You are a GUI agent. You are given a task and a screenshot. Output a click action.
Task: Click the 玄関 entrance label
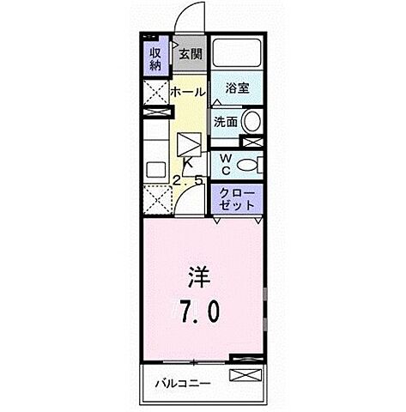point(191,53)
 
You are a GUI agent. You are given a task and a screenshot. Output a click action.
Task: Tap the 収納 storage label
point(155,58)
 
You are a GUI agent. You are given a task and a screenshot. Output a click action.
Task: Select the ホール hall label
point(186,92)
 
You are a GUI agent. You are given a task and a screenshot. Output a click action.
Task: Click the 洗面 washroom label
point(226,121)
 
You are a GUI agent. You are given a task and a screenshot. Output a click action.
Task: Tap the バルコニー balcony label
point(184,384)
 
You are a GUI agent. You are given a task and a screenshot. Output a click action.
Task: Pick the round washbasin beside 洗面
point(253,121)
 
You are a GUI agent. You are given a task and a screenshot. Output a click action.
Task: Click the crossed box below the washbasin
point(252,142)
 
